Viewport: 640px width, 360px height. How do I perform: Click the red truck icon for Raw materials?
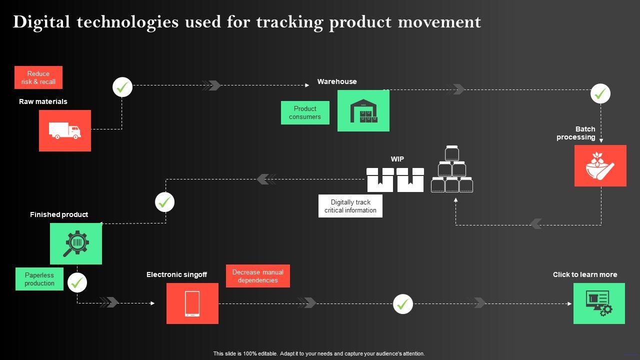(x=65, y=130)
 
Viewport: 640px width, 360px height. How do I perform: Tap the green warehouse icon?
(x=363, y=110)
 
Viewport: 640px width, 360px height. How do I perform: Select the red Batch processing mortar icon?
(x=600, y=165)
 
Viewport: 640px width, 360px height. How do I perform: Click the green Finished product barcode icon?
(x=76, y=243)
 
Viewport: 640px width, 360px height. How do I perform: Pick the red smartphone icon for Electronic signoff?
(x=192, y=303)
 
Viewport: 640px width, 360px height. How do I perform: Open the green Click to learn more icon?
(x=599, y=303)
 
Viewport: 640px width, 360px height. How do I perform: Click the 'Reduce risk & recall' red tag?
(x=38, y=77)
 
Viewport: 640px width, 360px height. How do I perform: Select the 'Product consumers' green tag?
(x=305, y=112)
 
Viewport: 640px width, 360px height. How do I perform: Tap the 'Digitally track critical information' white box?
(x=350, y=206)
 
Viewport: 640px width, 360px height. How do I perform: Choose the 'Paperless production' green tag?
(x=39, y=279)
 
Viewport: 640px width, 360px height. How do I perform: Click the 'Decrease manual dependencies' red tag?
(x=258, y=276)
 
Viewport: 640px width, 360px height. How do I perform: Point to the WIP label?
(x=397, y=159)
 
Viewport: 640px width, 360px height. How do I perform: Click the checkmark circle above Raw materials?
(x=122, y=87)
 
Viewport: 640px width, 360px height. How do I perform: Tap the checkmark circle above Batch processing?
(x=600, y=93)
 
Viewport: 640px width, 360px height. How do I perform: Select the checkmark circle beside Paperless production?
(x=77, y=283)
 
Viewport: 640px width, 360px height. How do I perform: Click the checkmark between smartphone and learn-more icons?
(x=403, y=304)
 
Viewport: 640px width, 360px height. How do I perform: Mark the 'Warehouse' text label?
(x=337, y=81)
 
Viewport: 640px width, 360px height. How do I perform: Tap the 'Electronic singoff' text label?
(x=176, y=274)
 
